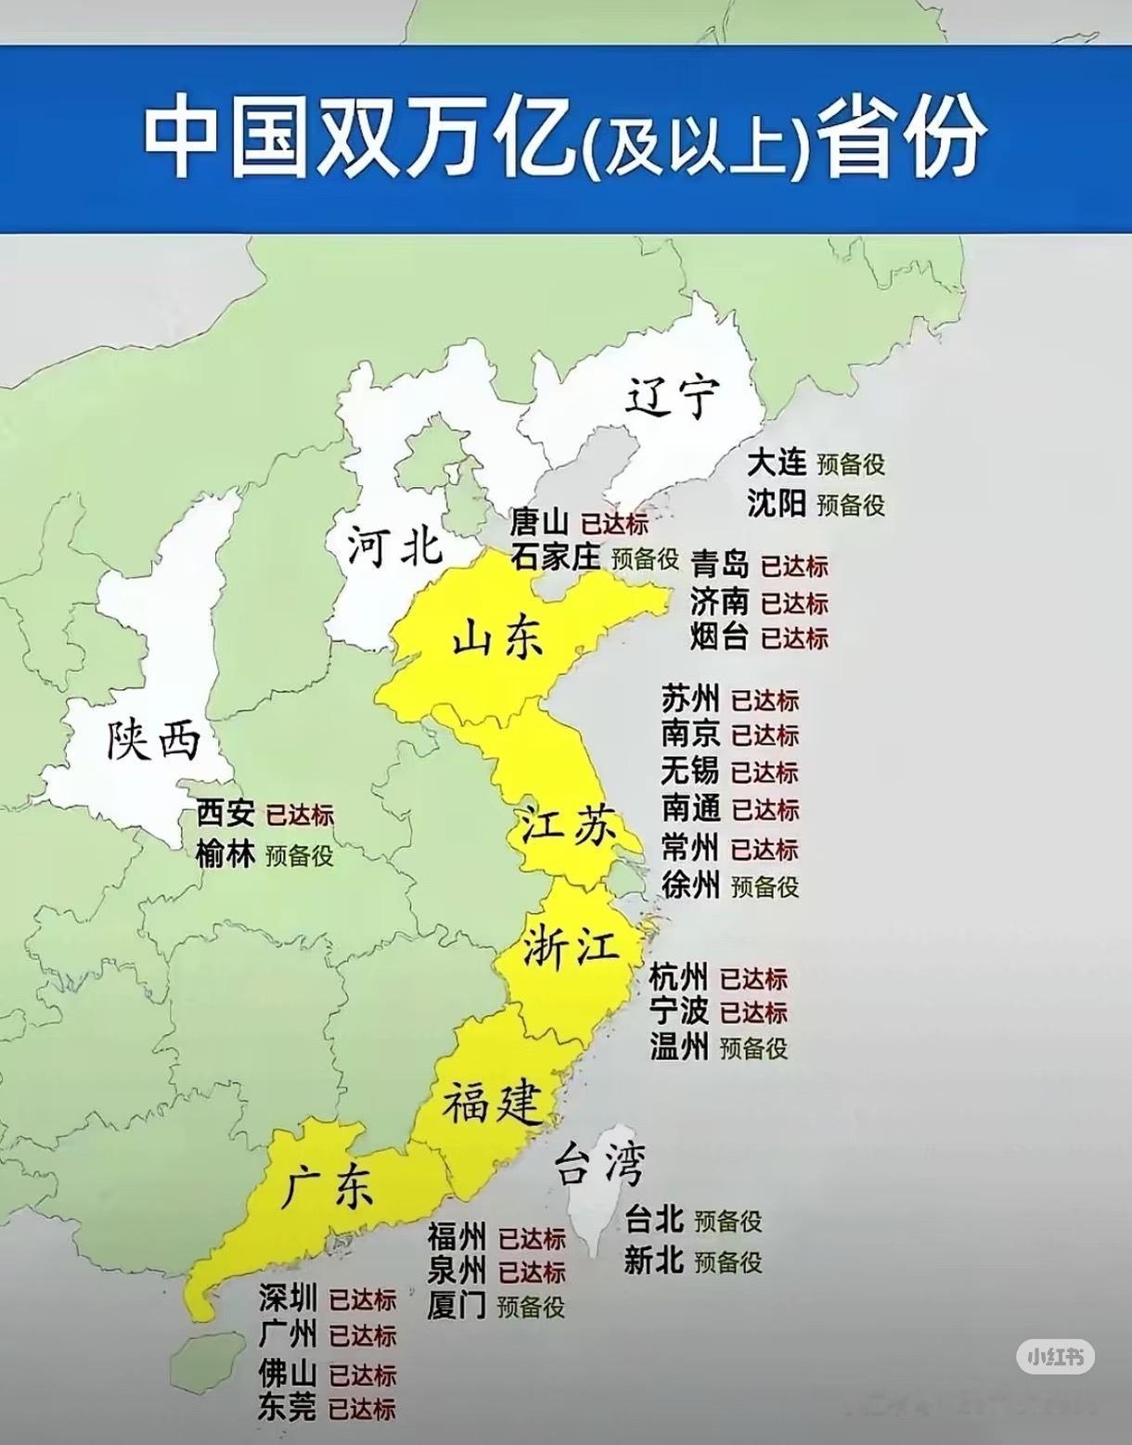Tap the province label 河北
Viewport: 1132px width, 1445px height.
pyautogui.click(x=394, y=545)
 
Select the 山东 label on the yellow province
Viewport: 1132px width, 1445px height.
pyautogui.click(x=497, y=639)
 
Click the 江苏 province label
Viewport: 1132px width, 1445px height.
pyautogui.click(x=568, y=824)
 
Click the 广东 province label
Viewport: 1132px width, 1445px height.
pyautogui.click(x=328, y=1186)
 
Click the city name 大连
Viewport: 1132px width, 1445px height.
pyautogui.click(x=777, y=463)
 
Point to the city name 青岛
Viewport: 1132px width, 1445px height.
pyautogui.click(x=719, y=564)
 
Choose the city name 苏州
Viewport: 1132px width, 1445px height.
pyautogui.click(x=690, y=698)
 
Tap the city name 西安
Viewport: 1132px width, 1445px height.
pyautogui.click(x=225, y=814)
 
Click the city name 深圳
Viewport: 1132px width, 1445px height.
pyautogui.click(x=288, y=1298)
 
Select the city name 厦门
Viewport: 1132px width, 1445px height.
pyautogui.click(x=457, y=1306)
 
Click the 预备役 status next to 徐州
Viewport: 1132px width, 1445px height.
pyautogui.click(x=765, y=887)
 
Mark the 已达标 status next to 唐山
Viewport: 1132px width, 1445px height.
pyautogui.click(x=614, y=523)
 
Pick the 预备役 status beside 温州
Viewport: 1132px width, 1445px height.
pyautogui.click(x=753, y=1048)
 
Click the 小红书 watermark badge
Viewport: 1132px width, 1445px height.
pyautogui.click(x=1055, y=1357)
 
